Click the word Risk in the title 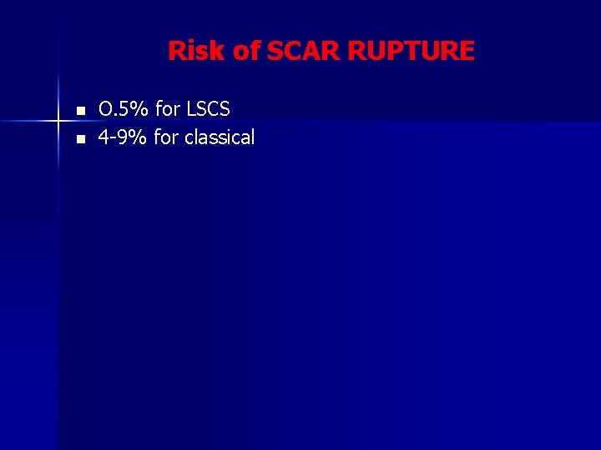198,52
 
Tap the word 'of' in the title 247,52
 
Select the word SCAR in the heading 303,52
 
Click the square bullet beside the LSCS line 80,111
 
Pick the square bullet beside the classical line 80,139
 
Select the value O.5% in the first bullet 124,109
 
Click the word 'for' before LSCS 167,109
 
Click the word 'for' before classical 167,137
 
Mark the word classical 220,137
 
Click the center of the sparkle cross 58,121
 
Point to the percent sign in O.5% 140,109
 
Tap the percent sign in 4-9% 140,137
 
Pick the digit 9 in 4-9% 124,137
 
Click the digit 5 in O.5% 125,109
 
